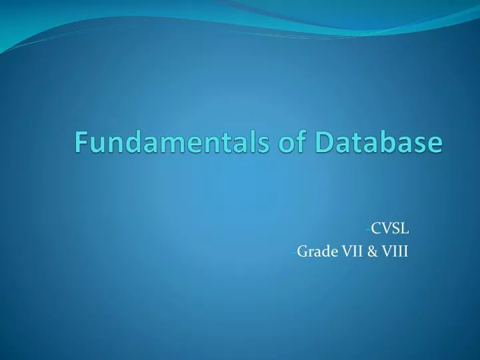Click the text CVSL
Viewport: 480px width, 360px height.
[x=390, y=230]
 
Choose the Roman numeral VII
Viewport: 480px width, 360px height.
[x=353, y=251]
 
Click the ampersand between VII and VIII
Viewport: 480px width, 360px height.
[x=373, y=251]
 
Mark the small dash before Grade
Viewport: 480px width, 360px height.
[x=294, y=253]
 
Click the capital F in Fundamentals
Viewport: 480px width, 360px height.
[x=81, y=142]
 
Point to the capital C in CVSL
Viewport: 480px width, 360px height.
[x=376, y=230]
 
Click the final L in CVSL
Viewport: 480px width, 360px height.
[x=405, y=230]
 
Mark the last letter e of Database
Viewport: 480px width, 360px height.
[x=435, y=144]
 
